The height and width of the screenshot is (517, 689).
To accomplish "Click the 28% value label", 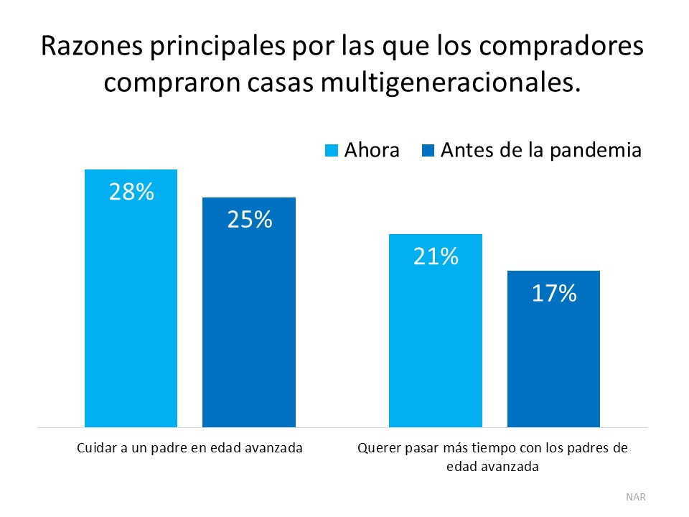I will point(131,192).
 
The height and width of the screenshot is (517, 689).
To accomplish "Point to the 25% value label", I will point(249,220).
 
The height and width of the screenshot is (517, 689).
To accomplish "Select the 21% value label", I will point(435,256).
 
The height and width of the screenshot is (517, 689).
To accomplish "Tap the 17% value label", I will point(553,293).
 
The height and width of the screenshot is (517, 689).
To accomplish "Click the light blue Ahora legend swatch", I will point(332,151).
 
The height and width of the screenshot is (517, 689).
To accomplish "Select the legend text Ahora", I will point(372,151).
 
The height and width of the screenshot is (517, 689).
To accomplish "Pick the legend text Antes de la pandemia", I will point(540,151).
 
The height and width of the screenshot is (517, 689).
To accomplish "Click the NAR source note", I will point(635,496).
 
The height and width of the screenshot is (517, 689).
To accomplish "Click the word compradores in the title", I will point(567,47).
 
